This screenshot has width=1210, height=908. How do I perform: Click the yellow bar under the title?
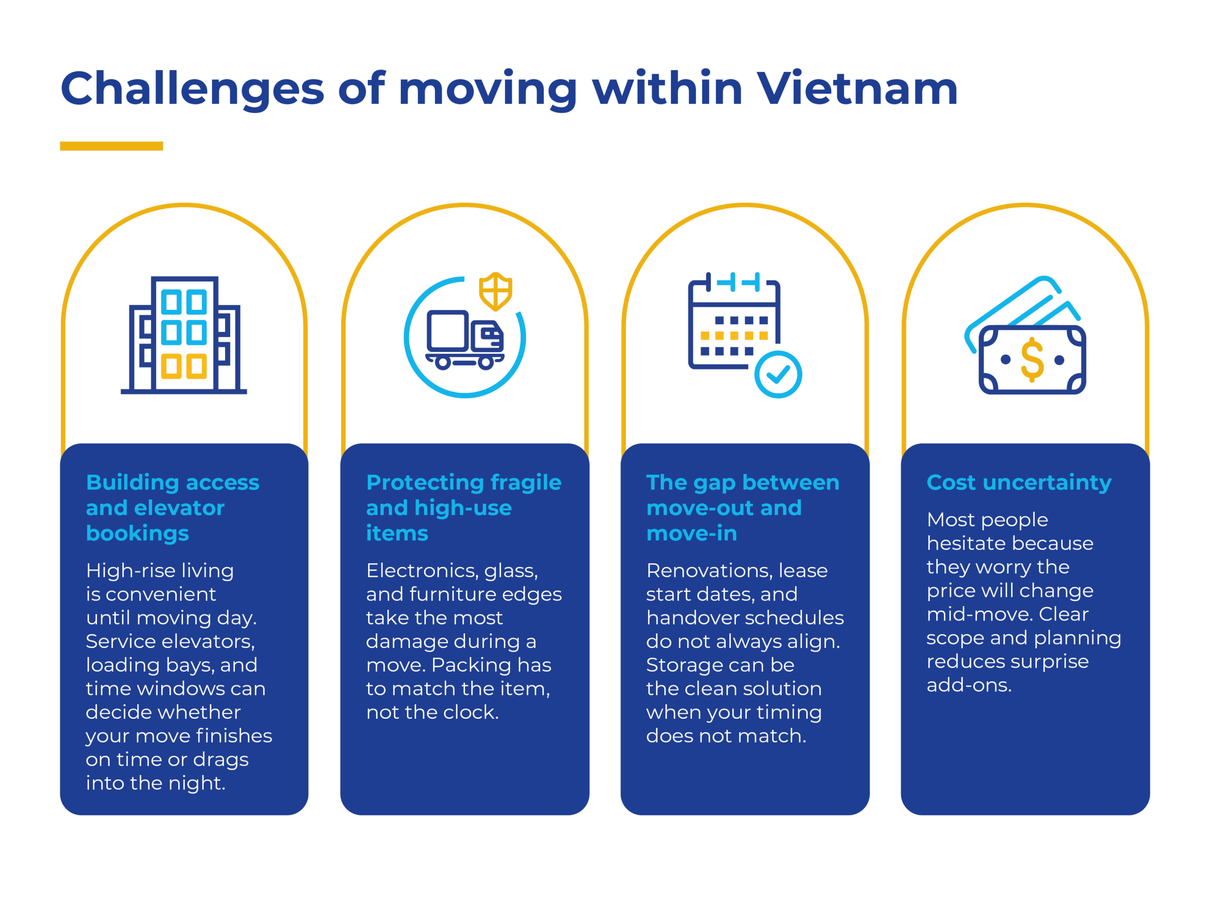[x=111, y=146]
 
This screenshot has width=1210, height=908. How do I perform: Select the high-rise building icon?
[x=184, y=335]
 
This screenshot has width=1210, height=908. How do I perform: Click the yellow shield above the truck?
[x=496, y=291]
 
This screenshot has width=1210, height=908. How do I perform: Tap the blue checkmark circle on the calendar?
[x=778, y=375]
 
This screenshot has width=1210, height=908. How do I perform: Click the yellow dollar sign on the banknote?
[x=1032, y=359]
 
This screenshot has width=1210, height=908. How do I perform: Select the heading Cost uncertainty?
[x=1019, y=483]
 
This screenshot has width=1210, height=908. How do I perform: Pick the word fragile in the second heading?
[x=526, y=483]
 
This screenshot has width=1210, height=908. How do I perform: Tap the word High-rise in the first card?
[x=129, y=571]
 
